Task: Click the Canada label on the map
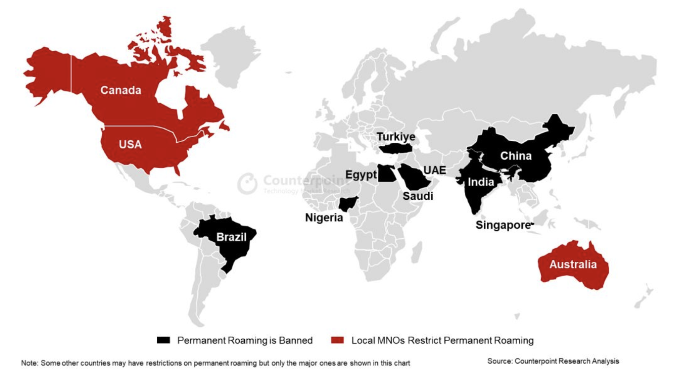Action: pyautogui.click(x=120, y=90)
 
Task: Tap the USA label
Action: pyautogui.click(x=130, y=144)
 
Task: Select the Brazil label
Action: pyautogui.click(x=231, y=237)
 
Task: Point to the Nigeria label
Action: pyautogui.click(x=324, y=218)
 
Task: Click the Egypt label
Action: pyautogui.click(x=361, y=175)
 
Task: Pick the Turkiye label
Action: pyautogui.click(x=396, y=137)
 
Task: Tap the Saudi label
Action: pyautogui.click(x=418, y=196)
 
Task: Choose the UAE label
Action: pyautogui.click(x=435, y=170)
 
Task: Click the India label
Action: pyautogui.click(x=481, y=182)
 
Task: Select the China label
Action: pyautogui.click(x=516, y=156)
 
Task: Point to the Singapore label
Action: pyautogui.click(x=503, y=225)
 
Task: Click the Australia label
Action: pyautogui.click(x=573, y=264)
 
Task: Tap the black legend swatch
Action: pyautogui.click(x=163, y=340)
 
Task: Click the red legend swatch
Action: pyautogui.click(x=337, y=340)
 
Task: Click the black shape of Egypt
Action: pyautogui.click(x=385, y=173)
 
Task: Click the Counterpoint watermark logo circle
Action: pyautogui.click(x=247, y=183)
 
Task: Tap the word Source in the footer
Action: pyautogui.click(x=499, y=361)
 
